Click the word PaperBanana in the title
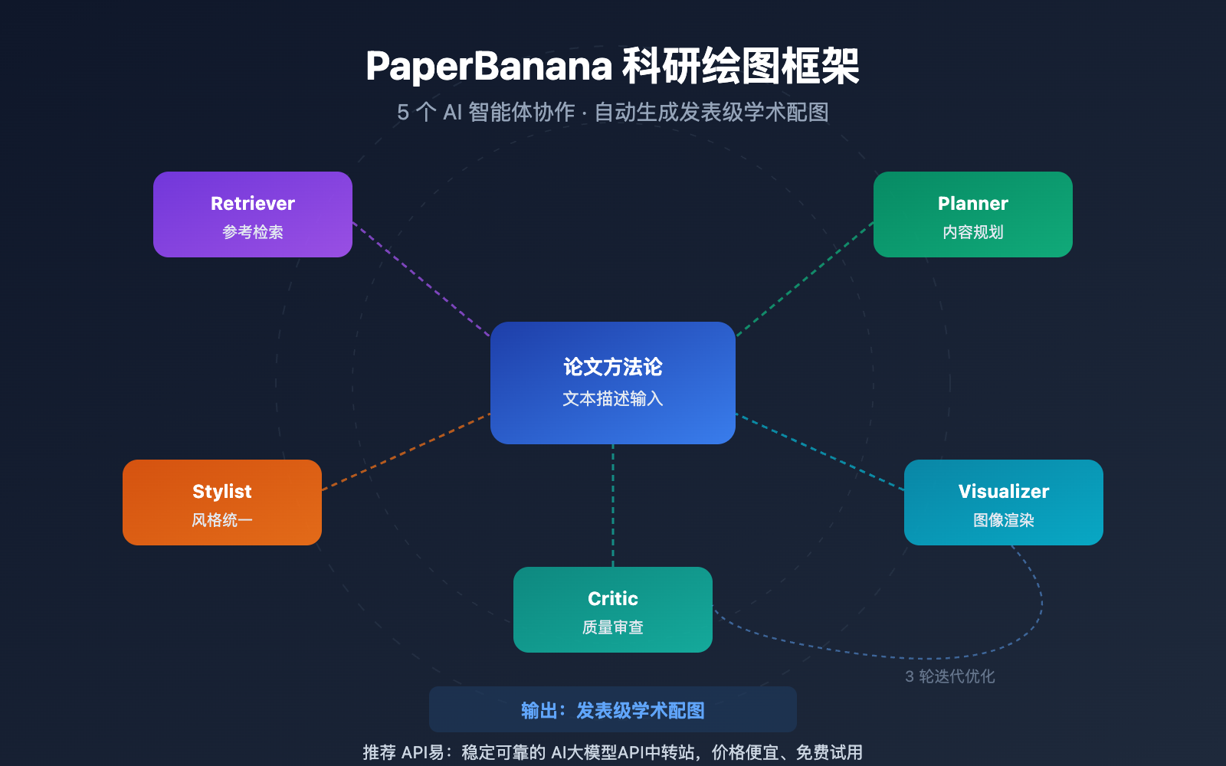click(x=489, y=66)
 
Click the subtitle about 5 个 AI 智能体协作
click(x=612, y=113)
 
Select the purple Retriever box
click(x=253, y=214)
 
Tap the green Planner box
click(x=973, y=214)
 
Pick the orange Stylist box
click(x=222, y=502)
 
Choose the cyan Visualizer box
click(x=1004, y=502)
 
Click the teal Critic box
click(x=613, y=610)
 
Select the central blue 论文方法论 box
click(x=613, y=383)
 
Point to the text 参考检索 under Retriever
click(x=253, y=232)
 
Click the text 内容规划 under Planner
click(x=973, y=232)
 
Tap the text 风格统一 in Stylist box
click(x=222, y=520)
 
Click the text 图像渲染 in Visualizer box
click(x=1004, y=520)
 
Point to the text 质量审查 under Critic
click(x=613, y=627)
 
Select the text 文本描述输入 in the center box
click(x=613, y=399)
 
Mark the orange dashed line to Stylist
click(x=406, y=452)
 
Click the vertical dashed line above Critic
click(x=613, y=506)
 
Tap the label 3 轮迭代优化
click(x=950, y=676)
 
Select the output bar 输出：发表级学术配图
click(x=613, y=710)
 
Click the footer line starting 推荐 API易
click(x=613, y=752)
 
